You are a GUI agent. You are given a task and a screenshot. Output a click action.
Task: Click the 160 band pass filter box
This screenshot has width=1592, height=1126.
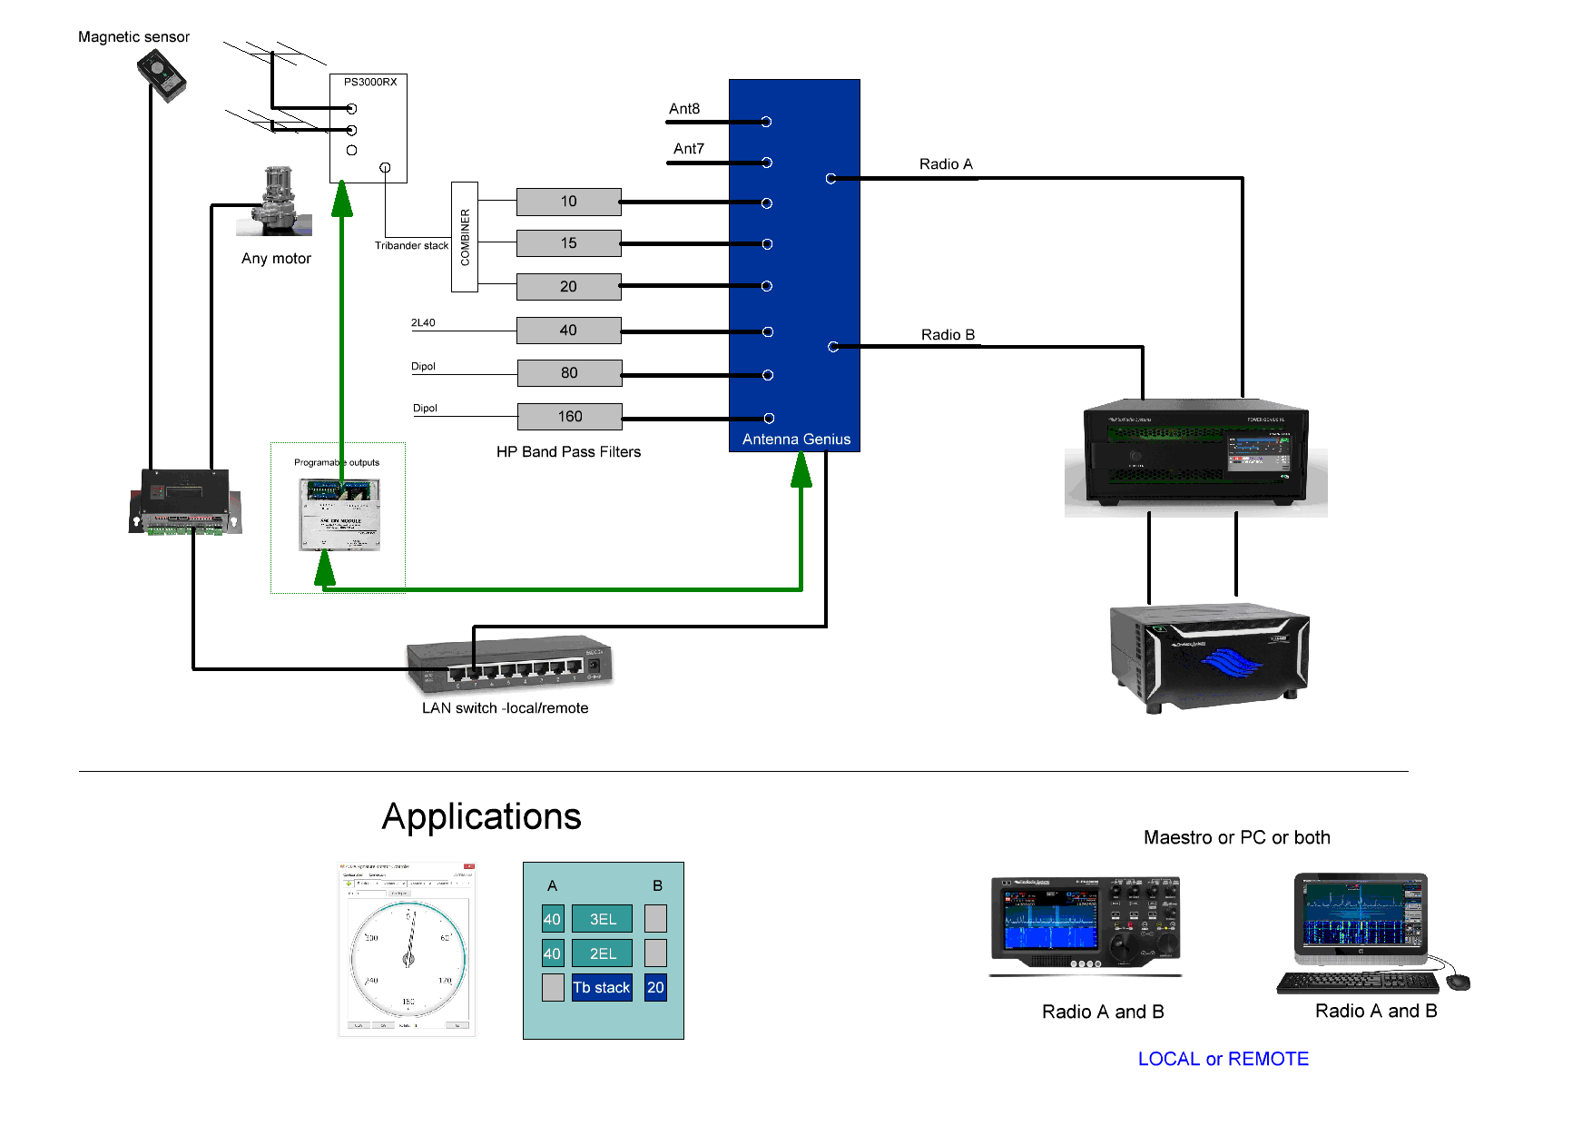(x=569, y=417)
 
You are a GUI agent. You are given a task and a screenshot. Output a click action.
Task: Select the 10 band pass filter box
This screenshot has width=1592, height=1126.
(x=568, y=202)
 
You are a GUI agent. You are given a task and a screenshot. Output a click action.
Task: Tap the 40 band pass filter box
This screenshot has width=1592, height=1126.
(x=568, y=331)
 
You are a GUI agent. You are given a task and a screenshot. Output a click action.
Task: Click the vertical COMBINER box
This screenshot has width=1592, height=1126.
(x=465, y=237)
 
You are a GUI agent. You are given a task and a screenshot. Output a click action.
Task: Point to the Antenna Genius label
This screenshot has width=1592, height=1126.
(x=796, y=440)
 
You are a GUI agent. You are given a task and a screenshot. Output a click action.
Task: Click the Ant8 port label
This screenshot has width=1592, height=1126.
(x=684, y=109)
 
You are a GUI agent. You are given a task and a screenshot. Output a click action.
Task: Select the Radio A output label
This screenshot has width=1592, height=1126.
(x=945, y=164)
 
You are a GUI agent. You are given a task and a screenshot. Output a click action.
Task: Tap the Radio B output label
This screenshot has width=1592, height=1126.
(x=948, y=335)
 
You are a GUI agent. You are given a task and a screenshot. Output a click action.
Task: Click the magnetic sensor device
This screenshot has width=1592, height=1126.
(x=162, y=75)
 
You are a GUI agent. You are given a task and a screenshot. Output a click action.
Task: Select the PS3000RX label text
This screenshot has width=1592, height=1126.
(x=370, y=82)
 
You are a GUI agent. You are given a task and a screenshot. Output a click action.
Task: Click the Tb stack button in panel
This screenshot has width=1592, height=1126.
(x=601, y=988)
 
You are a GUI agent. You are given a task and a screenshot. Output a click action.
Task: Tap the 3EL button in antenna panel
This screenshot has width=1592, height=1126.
(x=603, y=919)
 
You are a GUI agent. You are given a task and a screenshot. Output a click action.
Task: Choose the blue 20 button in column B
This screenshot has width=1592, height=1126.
(x=655, y=988)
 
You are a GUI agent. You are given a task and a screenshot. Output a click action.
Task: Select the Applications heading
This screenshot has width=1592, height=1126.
(x=481, y=816)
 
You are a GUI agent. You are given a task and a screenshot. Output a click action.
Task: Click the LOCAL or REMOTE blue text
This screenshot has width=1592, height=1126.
(x=1223, y=1059)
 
